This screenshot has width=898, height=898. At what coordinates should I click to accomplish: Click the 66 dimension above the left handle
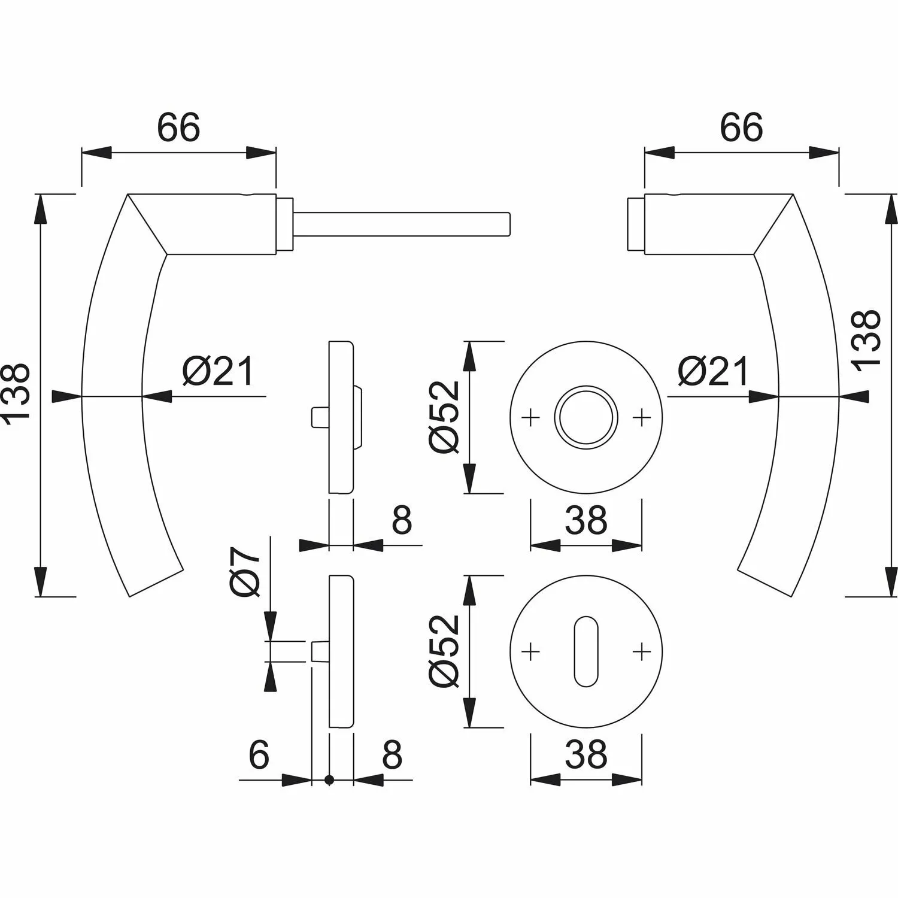pos(178,128)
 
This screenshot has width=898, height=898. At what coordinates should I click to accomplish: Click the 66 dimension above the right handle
pos(741,128)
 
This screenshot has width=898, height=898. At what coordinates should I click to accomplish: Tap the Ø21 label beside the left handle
pos(218,372)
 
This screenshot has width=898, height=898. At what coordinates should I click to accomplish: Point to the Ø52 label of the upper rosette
pos(444,417)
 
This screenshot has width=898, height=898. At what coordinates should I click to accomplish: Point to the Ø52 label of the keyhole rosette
pos(444,651)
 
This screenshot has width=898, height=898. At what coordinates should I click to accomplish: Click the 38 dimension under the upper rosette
pos(585,521)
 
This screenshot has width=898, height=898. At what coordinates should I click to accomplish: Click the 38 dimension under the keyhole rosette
pos(585,755)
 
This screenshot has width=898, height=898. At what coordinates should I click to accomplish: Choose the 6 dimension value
pos(259,755)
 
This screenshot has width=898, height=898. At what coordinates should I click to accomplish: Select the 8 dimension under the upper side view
pos(402,521)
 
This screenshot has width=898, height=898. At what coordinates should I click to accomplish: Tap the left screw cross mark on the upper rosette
pos(530,417)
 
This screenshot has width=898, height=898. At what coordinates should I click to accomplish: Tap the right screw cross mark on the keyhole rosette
pos(641,651)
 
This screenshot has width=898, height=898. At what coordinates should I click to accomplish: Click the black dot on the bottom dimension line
pos(329,779)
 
